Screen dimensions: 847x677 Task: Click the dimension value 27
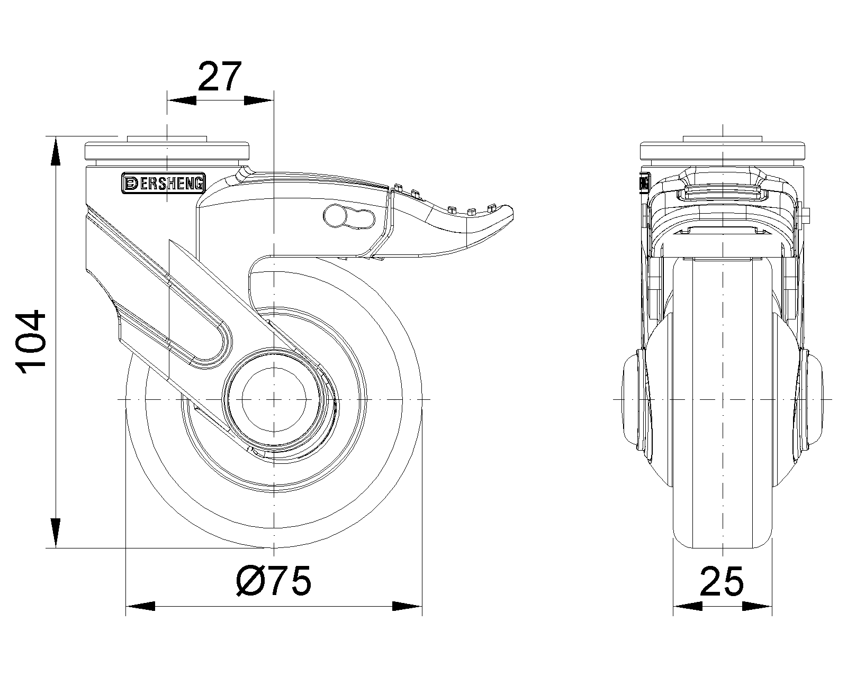click(x=220, y=76)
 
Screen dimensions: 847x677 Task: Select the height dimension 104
click(x=31, y=342)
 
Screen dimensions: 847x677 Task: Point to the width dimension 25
click(x=722, y=581)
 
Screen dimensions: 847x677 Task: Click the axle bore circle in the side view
click(x=274, y=400)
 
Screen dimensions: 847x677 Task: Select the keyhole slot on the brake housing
click(x=349, y=216)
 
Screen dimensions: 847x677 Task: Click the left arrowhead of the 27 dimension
click(x=182, y=100)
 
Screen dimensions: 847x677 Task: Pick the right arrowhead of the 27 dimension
click(x=259, y=100)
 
